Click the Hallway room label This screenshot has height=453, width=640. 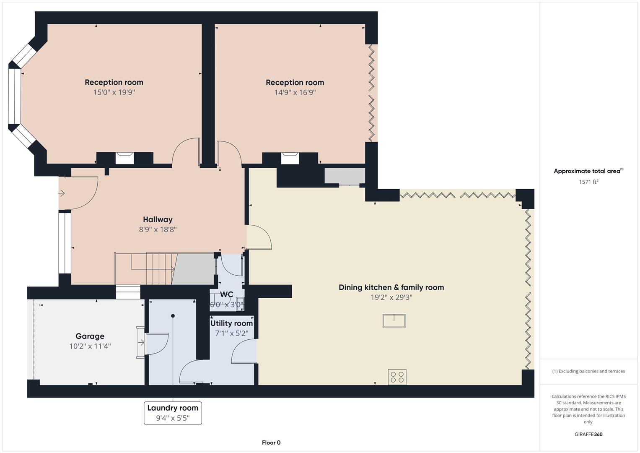pos(158,219)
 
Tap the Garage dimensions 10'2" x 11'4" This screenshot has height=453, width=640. pos(90,346)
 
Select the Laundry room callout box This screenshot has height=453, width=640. pos(173,413)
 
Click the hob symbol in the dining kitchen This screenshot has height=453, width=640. pos(396,377)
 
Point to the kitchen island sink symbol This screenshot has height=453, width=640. pos(394,321)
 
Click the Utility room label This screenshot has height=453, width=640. pos(231,323)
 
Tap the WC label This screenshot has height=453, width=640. pos(226,294)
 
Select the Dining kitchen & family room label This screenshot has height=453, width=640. pos(391,287)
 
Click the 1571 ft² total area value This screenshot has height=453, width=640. pos(588,182)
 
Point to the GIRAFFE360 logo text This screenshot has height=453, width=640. pos(588,434)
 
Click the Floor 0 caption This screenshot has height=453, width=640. pos(271,443)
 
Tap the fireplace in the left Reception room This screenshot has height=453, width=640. pos(124,158)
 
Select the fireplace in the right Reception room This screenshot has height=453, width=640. pos(290,158)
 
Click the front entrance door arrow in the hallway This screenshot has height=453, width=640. pos(61,193)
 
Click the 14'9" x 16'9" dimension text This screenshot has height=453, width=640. pos(295,92)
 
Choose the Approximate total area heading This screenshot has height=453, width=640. pos(588,171)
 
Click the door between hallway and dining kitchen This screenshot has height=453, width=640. pos(259,238)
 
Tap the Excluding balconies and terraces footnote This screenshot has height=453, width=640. pos(588,371)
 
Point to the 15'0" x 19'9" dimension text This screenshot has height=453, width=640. pos(114,92)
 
